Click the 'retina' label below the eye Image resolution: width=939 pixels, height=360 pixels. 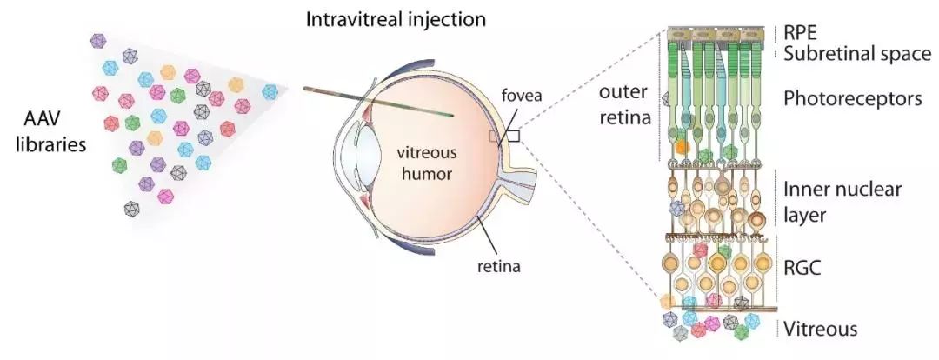(497, 266)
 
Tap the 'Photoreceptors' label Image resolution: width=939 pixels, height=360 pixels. (852, 99)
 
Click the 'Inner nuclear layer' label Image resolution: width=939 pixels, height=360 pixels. (842, 201)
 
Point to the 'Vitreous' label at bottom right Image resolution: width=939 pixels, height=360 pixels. (819, 329)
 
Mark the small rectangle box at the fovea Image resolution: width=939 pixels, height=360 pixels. (513, 136)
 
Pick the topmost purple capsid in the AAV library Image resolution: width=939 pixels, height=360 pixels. (98, 40)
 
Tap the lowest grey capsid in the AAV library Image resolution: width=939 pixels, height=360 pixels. (132, 209)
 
